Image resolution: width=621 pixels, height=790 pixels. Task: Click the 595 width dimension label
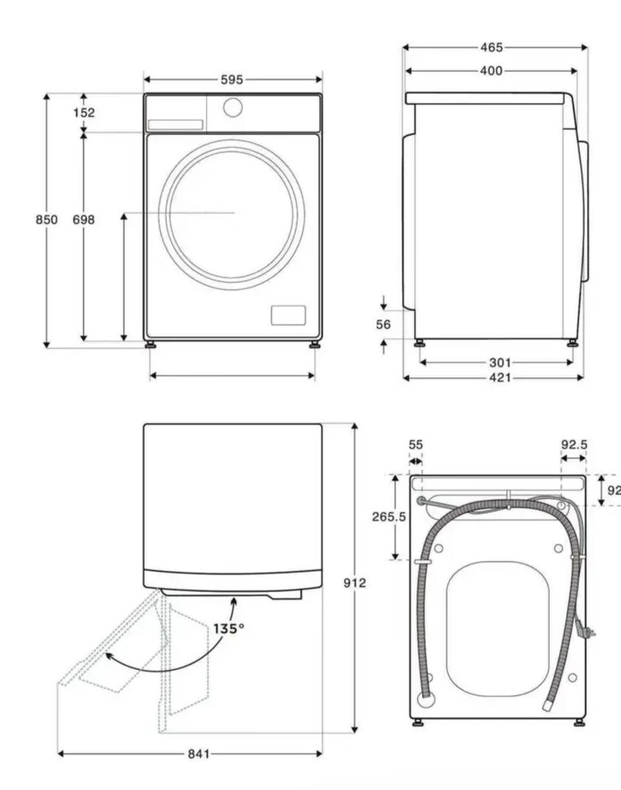pos(232,80)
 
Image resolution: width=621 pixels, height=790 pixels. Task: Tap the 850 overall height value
pos(46,220)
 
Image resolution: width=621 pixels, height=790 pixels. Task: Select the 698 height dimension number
pos(83,220)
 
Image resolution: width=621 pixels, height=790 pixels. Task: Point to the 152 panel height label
pos(84,112)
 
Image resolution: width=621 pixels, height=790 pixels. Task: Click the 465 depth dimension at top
pos(492,47)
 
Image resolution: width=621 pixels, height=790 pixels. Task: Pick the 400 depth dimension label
pos(491,70)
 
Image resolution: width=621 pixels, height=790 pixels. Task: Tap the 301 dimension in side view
pos(500,363)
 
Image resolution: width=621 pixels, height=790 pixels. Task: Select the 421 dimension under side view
pos(500,378)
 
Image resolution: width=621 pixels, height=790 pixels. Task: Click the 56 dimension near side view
pos(383,325)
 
